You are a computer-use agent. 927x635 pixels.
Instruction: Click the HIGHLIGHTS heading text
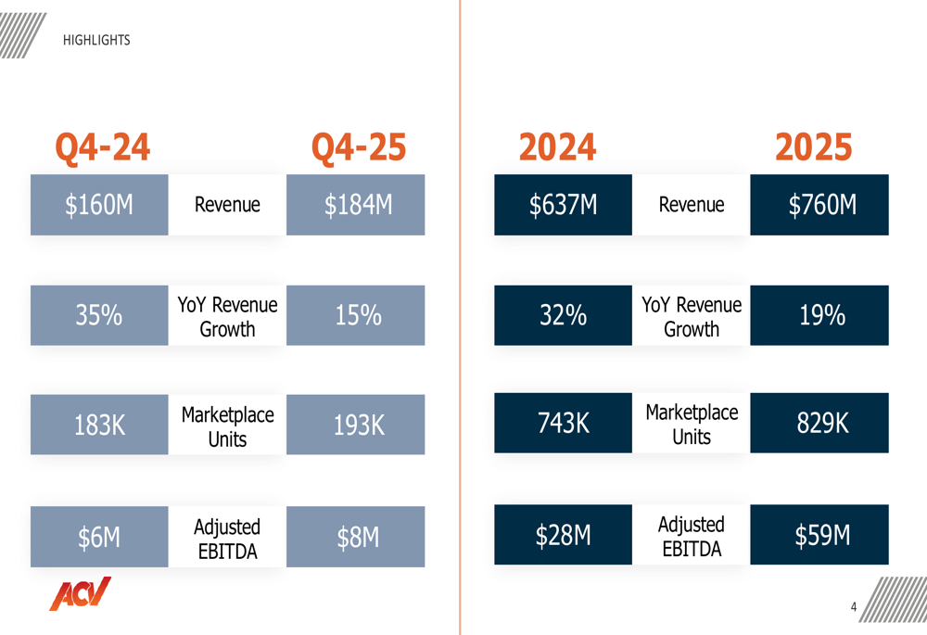click(x=96, y=41)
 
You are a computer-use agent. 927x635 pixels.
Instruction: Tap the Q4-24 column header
click(x=102, y=147)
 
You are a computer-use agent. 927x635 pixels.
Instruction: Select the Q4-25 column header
click(x=358, y=147)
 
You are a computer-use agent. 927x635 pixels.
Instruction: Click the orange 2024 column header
click(x=557, y=147)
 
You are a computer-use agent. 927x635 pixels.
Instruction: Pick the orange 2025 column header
click(x=813, y=147)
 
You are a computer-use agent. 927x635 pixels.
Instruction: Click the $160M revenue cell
click(x=99, y=205)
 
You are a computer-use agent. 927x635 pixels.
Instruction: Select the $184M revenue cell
click(x=356, y=205)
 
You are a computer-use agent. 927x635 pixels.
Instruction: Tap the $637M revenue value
click(x=563, y=205)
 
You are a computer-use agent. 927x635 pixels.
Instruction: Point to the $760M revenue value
click(x=819, y=205)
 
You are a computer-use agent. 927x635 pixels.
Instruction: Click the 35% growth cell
click(x=99, y=316)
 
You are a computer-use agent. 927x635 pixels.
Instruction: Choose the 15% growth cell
click(x=356, y=316)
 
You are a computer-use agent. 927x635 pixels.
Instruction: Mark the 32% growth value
click(x=563, y=316)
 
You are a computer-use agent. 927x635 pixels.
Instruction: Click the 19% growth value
click(x=819, y=316)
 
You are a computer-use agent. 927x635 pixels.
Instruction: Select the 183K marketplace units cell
click(x=99, y=425)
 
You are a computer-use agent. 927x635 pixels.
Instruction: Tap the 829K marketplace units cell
click(x=819, y=424)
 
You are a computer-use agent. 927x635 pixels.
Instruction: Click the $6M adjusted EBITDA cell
click(x=99, y=537)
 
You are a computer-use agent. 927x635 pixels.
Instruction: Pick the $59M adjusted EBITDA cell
click(x=819, y=536)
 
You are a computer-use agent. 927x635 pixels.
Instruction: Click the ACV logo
click(x=80, y=593)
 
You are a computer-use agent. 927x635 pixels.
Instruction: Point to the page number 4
click(x=854, y=607)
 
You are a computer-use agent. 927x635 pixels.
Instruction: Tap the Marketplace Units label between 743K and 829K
click(x=692, y=424)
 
